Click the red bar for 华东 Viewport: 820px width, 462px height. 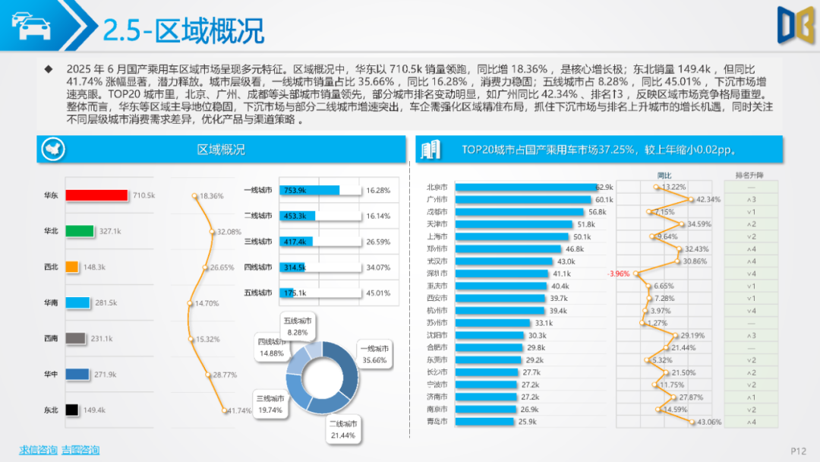96,195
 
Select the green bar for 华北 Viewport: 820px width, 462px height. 80,231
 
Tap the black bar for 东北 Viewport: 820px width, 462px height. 72,410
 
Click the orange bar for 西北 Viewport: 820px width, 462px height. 72,267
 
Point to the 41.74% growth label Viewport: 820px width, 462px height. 239,410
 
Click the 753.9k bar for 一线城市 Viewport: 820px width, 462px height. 309,191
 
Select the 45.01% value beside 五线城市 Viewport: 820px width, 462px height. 378,293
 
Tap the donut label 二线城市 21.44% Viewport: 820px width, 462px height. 343,429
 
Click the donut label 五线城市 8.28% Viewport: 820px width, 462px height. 297,326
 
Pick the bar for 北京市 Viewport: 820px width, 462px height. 523,187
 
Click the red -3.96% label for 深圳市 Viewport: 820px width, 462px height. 618,274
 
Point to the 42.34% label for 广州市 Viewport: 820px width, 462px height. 708,199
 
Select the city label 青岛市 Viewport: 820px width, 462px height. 437,421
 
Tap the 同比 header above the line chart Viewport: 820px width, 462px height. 664,176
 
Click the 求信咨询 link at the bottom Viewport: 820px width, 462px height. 38,450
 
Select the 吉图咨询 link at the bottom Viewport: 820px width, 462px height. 80,450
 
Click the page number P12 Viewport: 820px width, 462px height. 797,451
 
